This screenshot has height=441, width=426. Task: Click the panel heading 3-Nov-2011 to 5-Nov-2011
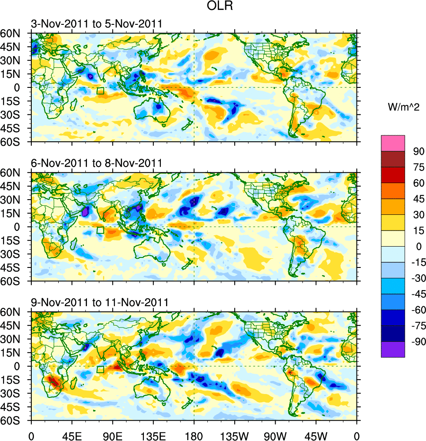pyautogui.click(x=97, y=23)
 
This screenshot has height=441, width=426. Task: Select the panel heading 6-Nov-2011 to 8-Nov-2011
pyautogui.click(x=97, y=163)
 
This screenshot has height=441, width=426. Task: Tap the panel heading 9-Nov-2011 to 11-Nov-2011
pyautogui.click(x=100, y=302)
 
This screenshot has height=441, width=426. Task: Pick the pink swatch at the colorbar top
pyautogui.click(x=393, y=143)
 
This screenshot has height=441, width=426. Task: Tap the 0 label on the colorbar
pyautogui.click(x=419, y=247)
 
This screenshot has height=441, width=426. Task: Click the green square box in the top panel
pyautogui.click(x=100, y=90)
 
